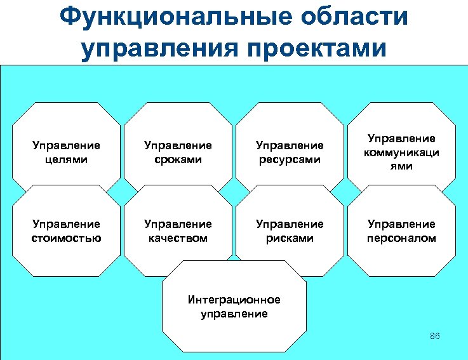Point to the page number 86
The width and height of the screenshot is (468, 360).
pos(435,336)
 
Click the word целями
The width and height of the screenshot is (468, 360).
pos(66,159)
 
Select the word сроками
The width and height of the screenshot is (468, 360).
pos(178,159)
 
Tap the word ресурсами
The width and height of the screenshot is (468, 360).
pos(290,159)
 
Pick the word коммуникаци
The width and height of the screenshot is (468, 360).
pos(401,152)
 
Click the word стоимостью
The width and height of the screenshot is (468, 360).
pos(66,238)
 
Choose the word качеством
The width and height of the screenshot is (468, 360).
pos(178,238)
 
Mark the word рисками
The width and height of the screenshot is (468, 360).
pos(290,238)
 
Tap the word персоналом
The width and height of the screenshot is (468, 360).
pos(401,238)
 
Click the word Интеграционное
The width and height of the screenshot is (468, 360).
pos(234,300)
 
